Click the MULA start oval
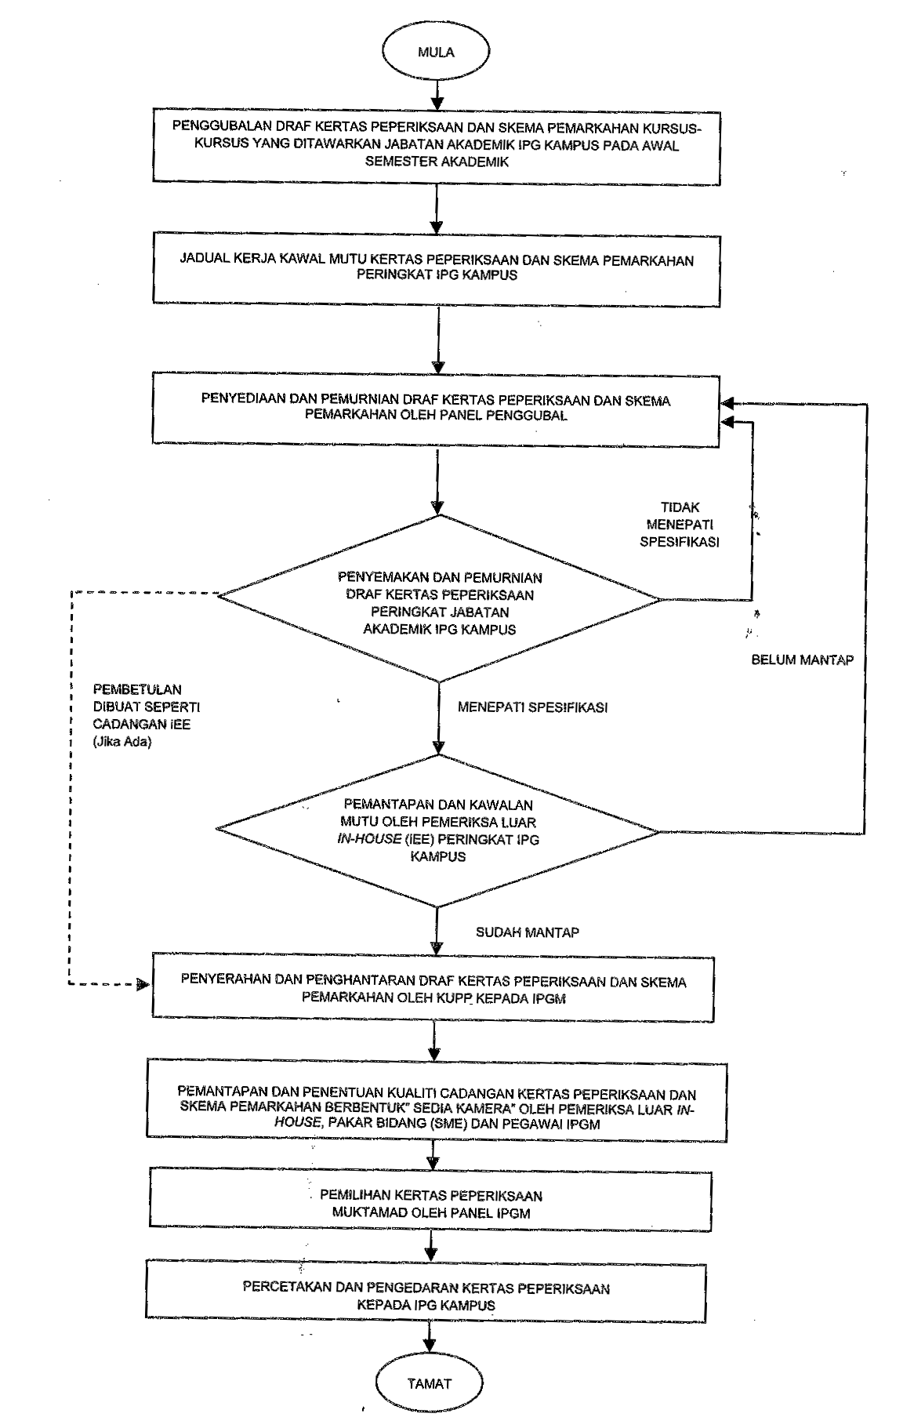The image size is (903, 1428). (x=436, y=53)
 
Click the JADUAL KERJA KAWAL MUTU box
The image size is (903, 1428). (x=437, y=267)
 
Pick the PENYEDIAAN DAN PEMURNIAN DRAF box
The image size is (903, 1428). (x=437, y=407)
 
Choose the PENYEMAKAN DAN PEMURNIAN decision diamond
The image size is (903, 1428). (x=439, y=599)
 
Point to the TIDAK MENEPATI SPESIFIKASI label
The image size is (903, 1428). (x=680, y=524)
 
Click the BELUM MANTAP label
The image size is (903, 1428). (x=802, y=659)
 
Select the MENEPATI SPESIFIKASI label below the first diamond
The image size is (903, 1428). (x=533, y=707)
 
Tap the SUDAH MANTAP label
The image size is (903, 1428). (x=528, y=932)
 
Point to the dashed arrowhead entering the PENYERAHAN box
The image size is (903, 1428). (x=143, y=983)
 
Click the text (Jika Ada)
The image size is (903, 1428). (x=121, y=740)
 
